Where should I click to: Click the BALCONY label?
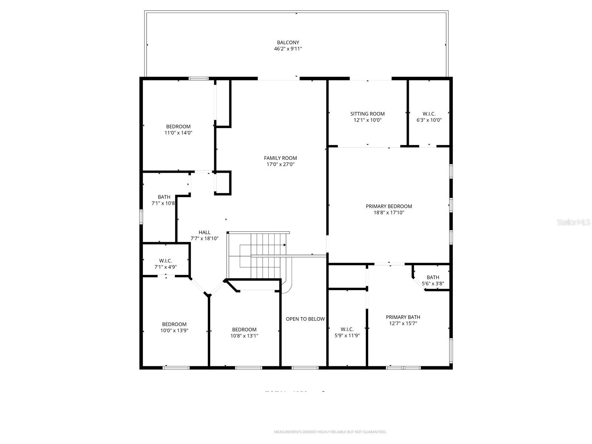288,43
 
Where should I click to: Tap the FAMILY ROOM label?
280,158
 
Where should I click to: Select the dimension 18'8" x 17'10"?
388,212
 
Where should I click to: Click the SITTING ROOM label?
367,114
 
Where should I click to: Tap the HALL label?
204,232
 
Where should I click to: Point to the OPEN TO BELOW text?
305,319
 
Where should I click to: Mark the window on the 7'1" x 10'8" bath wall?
141,217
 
